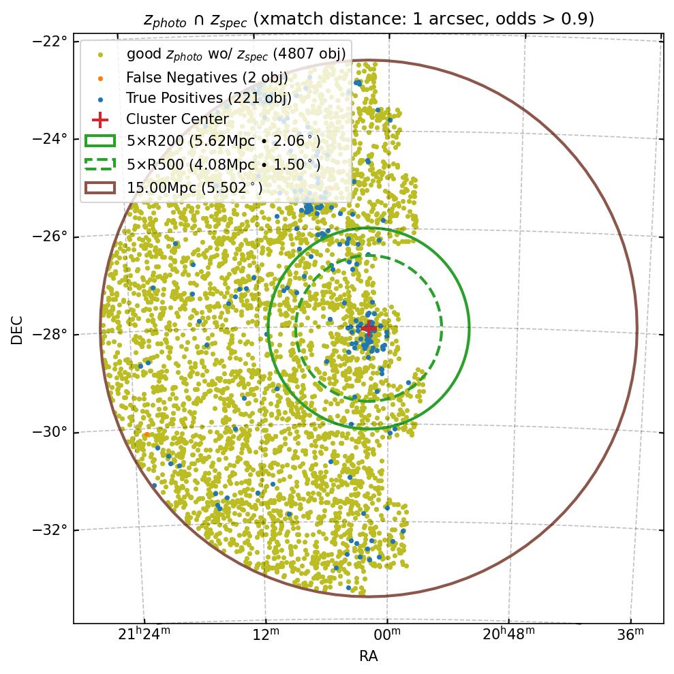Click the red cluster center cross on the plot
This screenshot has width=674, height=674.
coord(368,328)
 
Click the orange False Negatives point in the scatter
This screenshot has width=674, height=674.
coord(147,435)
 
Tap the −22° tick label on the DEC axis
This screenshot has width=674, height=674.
coord(51,41)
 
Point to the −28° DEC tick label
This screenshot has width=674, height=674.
coord(51,335)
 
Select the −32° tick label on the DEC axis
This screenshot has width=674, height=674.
coord(51,530)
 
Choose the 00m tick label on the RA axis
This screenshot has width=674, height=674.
coord(387,636)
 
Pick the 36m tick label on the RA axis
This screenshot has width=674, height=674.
coord(630,636)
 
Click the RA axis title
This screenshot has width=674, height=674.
coord(368,656)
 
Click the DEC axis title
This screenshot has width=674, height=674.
coord(17,329)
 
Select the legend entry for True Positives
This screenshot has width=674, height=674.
coord(209,98)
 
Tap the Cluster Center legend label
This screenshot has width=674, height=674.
coord(177,120)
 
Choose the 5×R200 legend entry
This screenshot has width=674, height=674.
coord(223,142)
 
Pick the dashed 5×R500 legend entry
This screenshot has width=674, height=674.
coord(223,164)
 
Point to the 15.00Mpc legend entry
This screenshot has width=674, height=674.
coord(194,187)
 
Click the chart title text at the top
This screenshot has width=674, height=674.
coord(368,20)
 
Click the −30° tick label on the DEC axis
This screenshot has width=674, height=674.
coord(51,432)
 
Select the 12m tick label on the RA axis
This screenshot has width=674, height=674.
coord(266,636)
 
